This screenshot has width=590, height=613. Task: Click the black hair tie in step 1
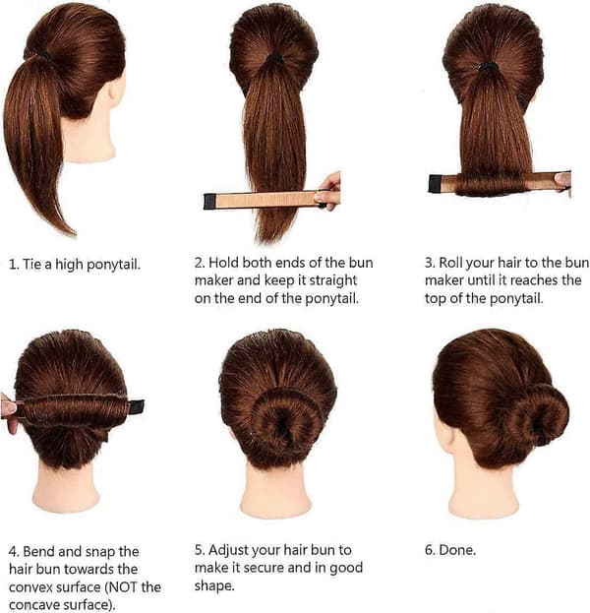[x=45, y=57]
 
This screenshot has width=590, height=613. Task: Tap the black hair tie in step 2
[x=275, y=59]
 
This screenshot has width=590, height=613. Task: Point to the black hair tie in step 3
[x=488, y=67]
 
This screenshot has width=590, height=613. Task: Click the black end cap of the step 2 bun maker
[x=209, y=202]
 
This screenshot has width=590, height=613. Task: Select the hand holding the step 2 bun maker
[x=328, y=192]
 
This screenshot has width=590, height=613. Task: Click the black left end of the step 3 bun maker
[x=435, y=184]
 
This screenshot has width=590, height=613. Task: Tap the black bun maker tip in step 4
[x=137, y=407]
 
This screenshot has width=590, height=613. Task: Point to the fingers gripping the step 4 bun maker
[x=9, y=413]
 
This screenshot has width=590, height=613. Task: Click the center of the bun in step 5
[x=282, y=424]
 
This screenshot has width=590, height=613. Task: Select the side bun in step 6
[x=537, y=415]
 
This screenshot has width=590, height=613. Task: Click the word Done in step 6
[x=457, y=550]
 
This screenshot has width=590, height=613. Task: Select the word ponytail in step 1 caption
[x=113, y=265]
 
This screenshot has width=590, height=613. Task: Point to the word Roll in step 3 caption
[x=450, y=263]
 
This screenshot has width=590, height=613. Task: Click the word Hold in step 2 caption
[x=223, y=263]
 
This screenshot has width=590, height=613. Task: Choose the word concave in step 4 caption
[x=34, y=605]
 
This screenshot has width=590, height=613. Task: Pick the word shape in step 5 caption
[x=214, y=586]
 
